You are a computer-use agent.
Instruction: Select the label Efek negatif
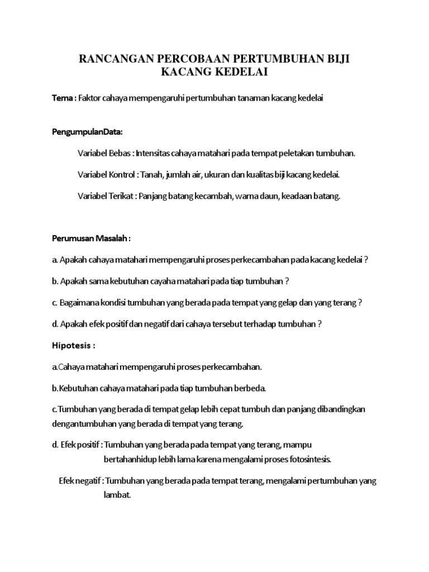(80, 481)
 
